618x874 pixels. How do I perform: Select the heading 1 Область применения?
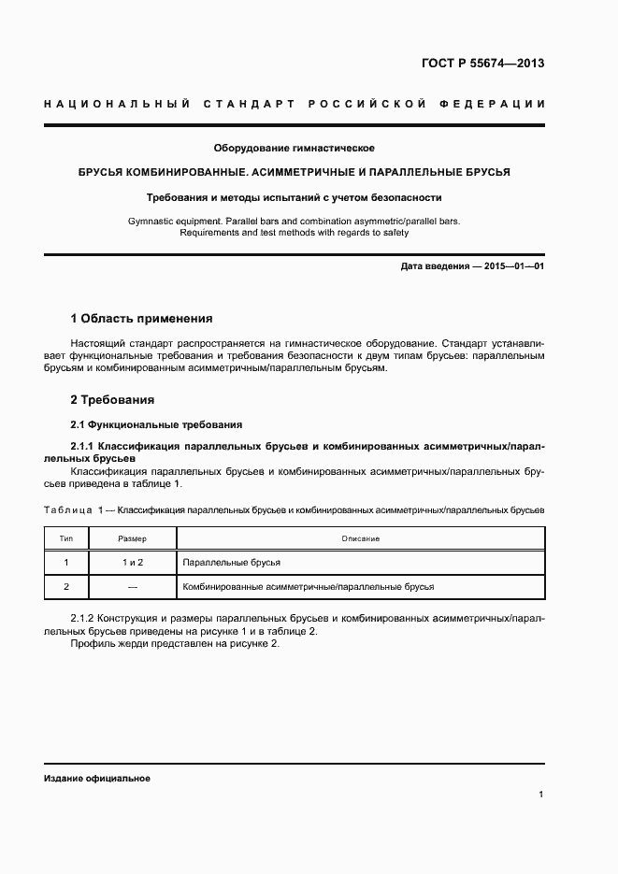click(142, 318)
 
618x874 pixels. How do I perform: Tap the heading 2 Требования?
click(112, 400)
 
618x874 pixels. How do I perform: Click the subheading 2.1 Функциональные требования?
click(156, 423)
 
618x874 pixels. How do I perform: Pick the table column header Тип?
click(66, 539)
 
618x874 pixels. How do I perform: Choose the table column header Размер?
click(132, 539)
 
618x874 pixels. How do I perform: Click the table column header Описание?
click(360, 539)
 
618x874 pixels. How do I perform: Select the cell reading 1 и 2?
click(132, 563)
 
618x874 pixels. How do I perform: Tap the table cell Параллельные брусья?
click(232, 563)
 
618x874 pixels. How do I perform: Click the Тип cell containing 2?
click(66, 586)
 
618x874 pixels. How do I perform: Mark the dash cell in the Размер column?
click(132, 586)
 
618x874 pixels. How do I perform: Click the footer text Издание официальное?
click(97, 778)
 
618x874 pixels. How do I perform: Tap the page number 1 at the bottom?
click(541, 795)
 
